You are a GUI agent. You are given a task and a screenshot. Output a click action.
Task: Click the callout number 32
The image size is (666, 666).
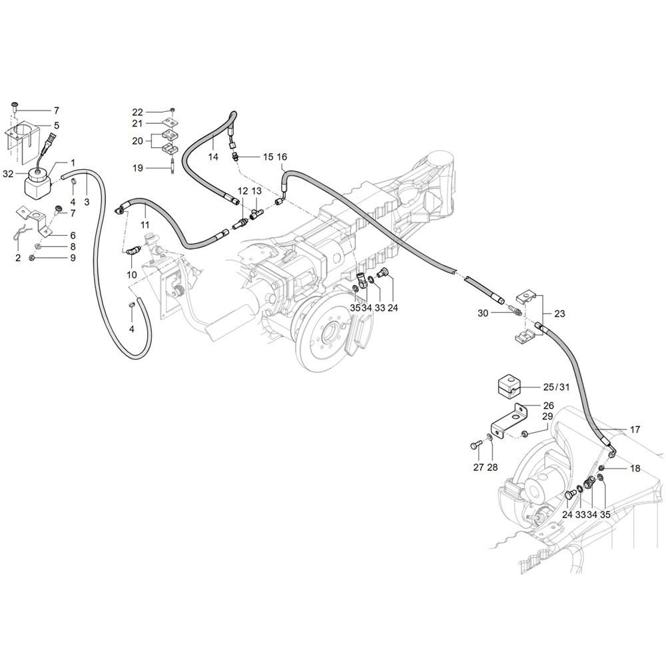(8, 173)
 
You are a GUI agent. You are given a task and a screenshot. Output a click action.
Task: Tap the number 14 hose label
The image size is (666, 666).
(213, 157)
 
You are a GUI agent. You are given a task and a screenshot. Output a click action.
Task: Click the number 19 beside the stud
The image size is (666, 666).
(137, 168)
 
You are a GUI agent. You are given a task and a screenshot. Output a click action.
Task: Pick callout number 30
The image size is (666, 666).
(482, 312)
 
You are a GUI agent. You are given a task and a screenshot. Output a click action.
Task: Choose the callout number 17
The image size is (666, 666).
(635, 430)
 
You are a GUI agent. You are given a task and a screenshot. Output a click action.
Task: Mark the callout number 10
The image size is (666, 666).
(131, 275)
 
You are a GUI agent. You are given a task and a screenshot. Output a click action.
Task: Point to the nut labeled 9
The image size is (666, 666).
(32, 258)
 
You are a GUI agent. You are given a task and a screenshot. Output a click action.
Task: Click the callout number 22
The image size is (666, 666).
(137, 111)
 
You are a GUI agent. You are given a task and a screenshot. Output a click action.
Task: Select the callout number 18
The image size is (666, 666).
(635, 468)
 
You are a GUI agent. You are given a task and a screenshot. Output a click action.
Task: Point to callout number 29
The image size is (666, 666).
(547, 416)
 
